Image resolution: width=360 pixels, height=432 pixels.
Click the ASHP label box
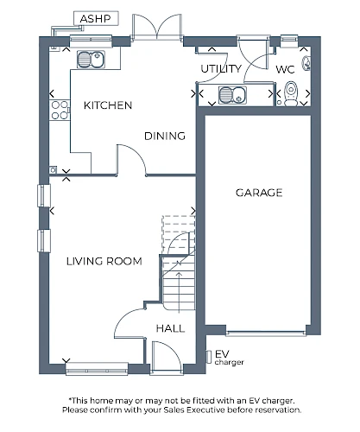pyautogui.click(x=96, y=18)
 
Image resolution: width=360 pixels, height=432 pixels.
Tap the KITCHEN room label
pyautogui.click(x=108, y=105)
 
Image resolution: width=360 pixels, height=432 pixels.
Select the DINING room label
pyautogui.click(x=165, y=136)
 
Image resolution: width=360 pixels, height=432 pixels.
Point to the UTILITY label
pyautogui.click(x=221, y=69)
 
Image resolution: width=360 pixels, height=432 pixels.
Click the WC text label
pyautogui.click(x=285, y=69)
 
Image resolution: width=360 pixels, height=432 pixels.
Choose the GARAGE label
pyautogui.click(x=259, y=193)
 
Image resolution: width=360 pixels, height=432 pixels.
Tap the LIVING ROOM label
pyautogui.click(x=104, y=261)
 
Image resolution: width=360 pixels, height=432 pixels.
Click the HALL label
pyautogui.click(x=170, y=328)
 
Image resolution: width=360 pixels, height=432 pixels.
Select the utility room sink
pyautogui.click(x=232, y=95)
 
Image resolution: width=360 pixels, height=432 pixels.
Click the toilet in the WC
pyautogui.click(x=291, y=93)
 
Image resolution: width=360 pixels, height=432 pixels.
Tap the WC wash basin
pyautogui.click(x=306, y=62)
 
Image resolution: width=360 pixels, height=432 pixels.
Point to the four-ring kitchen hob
pyautogui.click(x=60, y=110)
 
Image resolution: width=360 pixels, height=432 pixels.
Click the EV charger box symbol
pyautogui.click(x=209, y=357)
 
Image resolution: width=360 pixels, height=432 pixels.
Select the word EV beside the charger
pyautogui.click(x=222, y=353)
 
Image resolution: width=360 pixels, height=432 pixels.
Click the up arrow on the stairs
pyautogui.click(x=179, y=292)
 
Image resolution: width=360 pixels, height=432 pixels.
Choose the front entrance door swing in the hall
pyautogui.click(x=167, y=357)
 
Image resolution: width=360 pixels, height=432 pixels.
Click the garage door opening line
pyautogui.click(x=266, y=334)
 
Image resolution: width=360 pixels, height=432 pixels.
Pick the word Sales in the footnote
pyautogui.click(x=174, y=410)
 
